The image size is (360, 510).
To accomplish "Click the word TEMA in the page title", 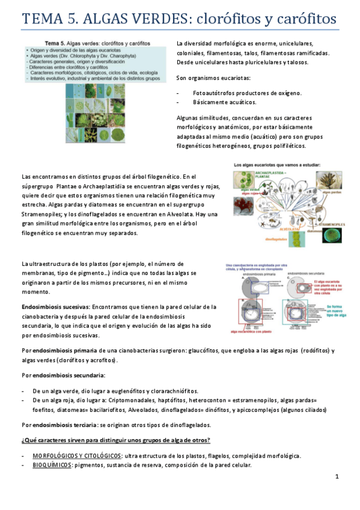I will click(44, 19).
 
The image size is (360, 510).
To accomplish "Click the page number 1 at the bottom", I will click(337, 476).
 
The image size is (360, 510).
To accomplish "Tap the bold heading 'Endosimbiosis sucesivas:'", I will click(55, 307).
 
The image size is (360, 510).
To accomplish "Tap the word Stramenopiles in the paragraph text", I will click(42, 214).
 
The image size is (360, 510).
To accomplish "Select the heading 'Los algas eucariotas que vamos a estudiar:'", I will click(278, 164).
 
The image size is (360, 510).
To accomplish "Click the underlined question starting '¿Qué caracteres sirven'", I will click(115, 440).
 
